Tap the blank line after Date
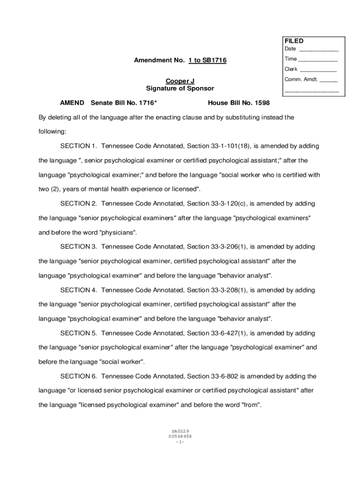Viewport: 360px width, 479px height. click(318, 50)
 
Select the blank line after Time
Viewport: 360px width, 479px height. click(317, 60)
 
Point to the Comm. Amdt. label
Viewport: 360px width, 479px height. click(301, 79)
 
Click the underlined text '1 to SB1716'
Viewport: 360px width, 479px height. click(208, 60)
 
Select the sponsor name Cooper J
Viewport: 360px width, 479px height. click(180, 81)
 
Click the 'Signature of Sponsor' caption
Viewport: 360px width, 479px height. click(180, 88)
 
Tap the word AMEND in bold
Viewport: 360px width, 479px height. click(72, 103)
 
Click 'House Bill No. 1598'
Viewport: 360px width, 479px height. click(238, 103)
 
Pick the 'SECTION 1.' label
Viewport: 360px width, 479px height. click(79, 146)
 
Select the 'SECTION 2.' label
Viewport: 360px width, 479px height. click(79, 203)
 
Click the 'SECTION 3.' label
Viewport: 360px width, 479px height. click(79, 247)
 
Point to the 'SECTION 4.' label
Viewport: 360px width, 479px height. click(79, 290)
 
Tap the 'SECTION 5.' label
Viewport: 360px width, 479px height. click(79, 333)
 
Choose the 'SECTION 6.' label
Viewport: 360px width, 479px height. click(79, 376)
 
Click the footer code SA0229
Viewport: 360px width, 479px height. click(180, 431)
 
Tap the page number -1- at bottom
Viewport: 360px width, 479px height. click(180, 442)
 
